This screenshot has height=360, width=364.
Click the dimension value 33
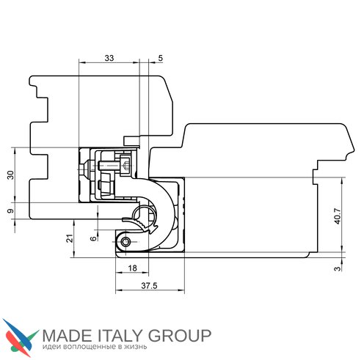tap(109, 58)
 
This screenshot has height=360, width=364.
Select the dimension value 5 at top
tap(160, 58)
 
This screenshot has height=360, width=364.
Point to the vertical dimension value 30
tap(10, 175)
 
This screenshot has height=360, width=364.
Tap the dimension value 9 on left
tap(10, 210)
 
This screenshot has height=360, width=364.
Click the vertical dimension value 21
tap(70, 238)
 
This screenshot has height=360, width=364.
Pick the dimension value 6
tap(93, 238)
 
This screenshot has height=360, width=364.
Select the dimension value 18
tap(132, 268)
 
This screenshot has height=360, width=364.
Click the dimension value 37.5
tap(149, 286)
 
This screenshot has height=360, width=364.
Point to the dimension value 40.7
tap(338, 216)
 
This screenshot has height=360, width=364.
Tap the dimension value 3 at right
tap(337, 268)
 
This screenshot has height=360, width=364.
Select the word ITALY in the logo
tap(120, 336)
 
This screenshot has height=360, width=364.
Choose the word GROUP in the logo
tap(180, 336)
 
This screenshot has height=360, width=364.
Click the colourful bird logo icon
tap(21, 338)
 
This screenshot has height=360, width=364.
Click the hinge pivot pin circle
tap(125, 242)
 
